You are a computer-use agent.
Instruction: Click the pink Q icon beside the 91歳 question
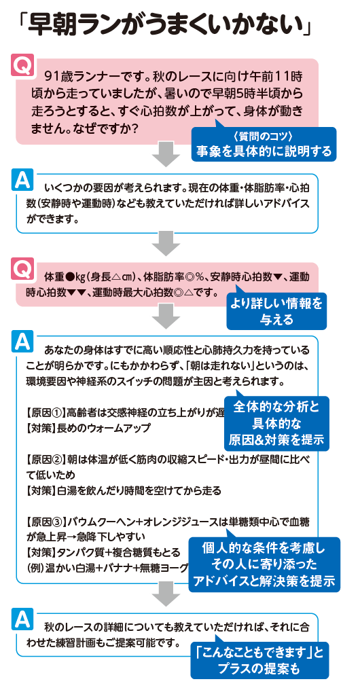[x=22, y=65]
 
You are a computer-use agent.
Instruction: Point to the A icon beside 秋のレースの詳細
[x=22, y=619]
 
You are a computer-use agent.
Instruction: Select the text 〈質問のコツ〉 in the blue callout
[x=264, y=137]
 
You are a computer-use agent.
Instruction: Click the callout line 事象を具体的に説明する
[x=264, y=151]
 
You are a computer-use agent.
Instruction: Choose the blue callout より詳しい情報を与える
[x=276, y=311]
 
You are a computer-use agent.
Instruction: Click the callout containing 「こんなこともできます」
[x=259, y=660]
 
